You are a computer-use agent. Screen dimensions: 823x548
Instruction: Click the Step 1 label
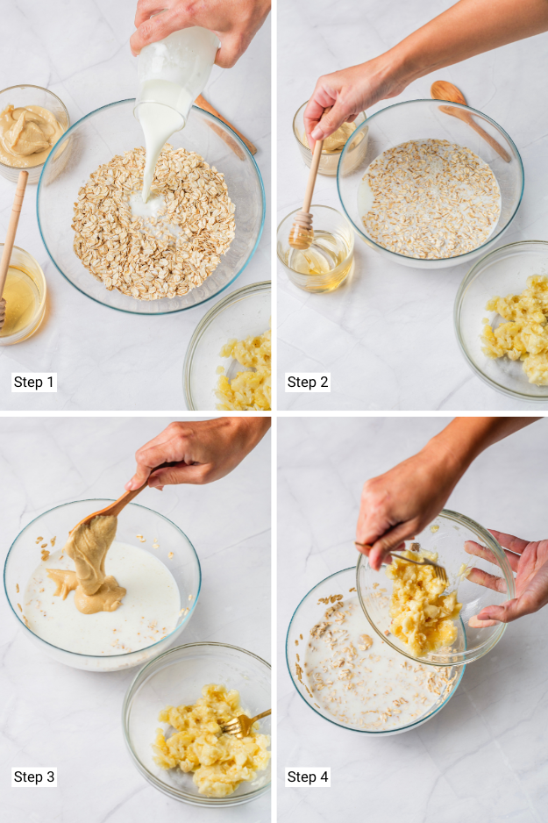click(34, 382)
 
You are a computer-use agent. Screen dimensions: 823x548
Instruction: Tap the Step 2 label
click(308, 382)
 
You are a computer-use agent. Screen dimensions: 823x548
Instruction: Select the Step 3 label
click(34, 776)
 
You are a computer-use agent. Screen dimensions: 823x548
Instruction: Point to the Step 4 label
click(308, 776)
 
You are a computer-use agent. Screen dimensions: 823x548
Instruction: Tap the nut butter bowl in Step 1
click(31, 136)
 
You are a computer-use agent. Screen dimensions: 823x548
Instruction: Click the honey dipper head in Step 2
click(302, 234)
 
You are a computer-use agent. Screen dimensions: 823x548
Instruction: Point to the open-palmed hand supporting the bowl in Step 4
click(509, 579)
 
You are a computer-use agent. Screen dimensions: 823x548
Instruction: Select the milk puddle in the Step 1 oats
click(149, 205)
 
